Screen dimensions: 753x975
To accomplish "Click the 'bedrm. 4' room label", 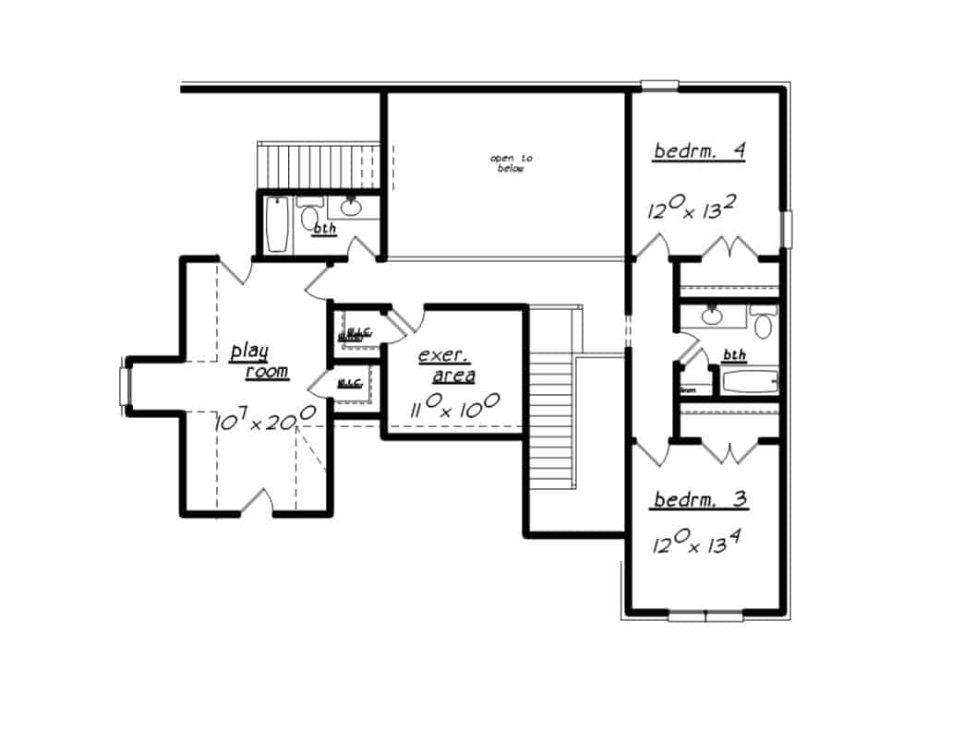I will [x=699, y=150].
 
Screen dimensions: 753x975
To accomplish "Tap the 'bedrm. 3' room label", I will [x=701, y=500].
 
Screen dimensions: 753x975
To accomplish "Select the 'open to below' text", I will [x=511, y=163].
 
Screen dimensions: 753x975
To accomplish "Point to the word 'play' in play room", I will [x=248, y=351].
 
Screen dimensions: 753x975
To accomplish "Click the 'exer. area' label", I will [x=447, y=365].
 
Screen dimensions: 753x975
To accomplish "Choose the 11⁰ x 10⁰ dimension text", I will [x=455, y=406].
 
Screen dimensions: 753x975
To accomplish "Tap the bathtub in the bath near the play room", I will [x=277, y=225].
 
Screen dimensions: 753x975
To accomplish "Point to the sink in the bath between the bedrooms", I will [x=712, y=317].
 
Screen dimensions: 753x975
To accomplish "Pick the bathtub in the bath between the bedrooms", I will [x=749, y=381].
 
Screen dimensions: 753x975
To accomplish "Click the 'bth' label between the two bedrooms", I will [x=734, y=354].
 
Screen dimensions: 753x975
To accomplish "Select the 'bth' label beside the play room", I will [x=324, y=228].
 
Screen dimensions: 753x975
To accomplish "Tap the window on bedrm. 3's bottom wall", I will [x=705, y=615].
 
